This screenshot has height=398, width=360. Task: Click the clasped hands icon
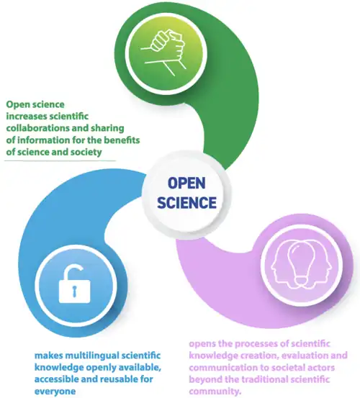[163, 53]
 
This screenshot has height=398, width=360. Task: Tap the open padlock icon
[74, 284]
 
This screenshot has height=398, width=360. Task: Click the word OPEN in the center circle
[186, 184]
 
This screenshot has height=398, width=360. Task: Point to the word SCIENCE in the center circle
[186, 202]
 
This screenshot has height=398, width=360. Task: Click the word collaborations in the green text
[38, 128]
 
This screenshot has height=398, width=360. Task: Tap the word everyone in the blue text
[55, 391]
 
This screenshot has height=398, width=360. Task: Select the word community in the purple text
[215, 391]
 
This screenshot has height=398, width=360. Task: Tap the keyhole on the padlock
[74, 291]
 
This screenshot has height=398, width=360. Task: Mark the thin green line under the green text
[60, 160]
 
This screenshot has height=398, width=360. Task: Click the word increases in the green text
[26, 117]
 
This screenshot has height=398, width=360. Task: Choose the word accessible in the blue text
[58, 379]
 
